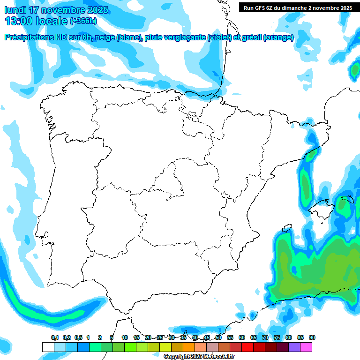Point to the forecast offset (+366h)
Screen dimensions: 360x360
pos(83,21)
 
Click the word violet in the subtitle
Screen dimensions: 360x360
pos(219,37)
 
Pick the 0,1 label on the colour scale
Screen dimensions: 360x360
pos(55,338)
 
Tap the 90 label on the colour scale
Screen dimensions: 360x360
pos(312,338)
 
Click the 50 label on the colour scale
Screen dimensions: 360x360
pos(218,338)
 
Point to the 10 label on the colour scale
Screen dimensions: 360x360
pos(125,338)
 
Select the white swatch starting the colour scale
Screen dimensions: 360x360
pos(48,347)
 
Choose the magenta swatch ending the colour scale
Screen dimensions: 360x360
pos(306,347)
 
